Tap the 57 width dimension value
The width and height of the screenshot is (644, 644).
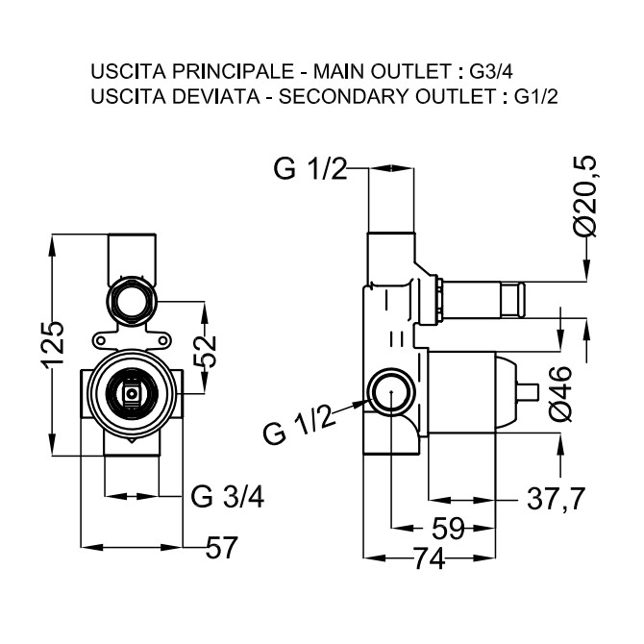point(221,548)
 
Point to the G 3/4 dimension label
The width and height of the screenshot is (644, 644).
point(228,497)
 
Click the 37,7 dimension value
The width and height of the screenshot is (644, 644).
point(557,500)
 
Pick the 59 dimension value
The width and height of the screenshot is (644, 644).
point(448,529)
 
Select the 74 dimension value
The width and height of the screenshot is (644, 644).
point(430,558)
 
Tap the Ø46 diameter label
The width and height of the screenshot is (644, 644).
point(560,394)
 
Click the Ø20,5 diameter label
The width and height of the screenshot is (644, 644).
point(584,197)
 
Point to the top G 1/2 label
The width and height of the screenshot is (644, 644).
point(310,168)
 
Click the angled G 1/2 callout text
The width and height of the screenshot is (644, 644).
point(299,426)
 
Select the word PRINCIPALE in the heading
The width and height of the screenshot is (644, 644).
point(233,71)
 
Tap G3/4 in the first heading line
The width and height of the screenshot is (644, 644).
point(491,72)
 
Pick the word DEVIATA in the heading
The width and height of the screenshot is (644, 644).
point(216,97)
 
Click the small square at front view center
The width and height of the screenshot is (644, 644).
point(131,393)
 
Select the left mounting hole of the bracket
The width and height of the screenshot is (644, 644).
point(100,340)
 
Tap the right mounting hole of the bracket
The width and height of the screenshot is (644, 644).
point(163,340)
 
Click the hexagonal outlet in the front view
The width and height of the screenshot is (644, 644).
point(131,300)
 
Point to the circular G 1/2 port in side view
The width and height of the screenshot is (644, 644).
point(391,391)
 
